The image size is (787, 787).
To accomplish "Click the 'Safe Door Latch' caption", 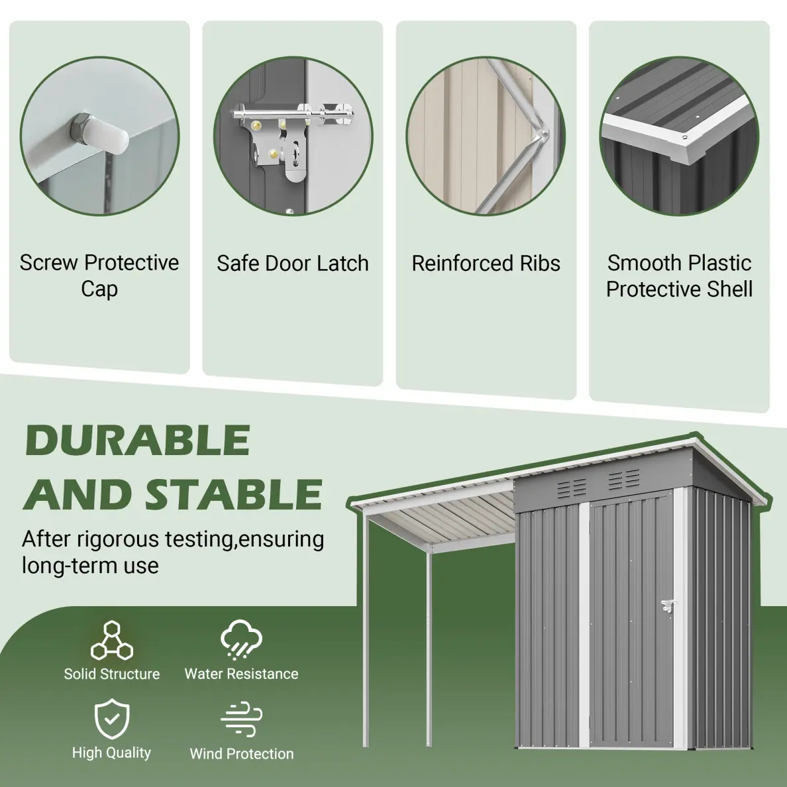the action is (x=293, y=264).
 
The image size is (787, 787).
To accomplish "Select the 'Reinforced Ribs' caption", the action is (x=486, y=264).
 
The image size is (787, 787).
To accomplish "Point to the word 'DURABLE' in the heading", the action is (x=138, y=440).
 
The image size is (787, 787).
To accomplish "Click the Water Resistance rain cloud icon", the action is (x=241, y=639).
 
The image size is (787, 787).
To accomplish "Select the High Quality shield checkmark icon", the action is (x=112, y=719).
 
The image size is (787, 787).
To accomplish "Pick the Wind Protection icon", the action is (x=241, y=719).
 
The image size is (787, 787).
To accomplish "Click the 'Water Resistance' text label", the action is (x=241, y=674).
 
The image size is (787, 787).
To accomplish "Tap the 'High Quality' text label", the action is (x=111, y=753).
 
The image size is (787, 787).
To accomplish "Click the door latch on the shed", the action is (x=668, y=607).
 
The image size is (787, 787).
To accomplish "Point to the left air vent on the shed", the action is (x=572, y=486).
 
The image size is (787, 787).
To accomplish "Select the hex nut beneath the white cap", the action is (x=80, y=127).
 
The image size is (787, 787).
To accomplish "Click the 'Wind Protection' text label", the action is (x=241, y=753).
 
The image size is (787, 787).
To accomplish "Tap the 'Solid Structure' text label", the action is (x=111, y=674).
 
